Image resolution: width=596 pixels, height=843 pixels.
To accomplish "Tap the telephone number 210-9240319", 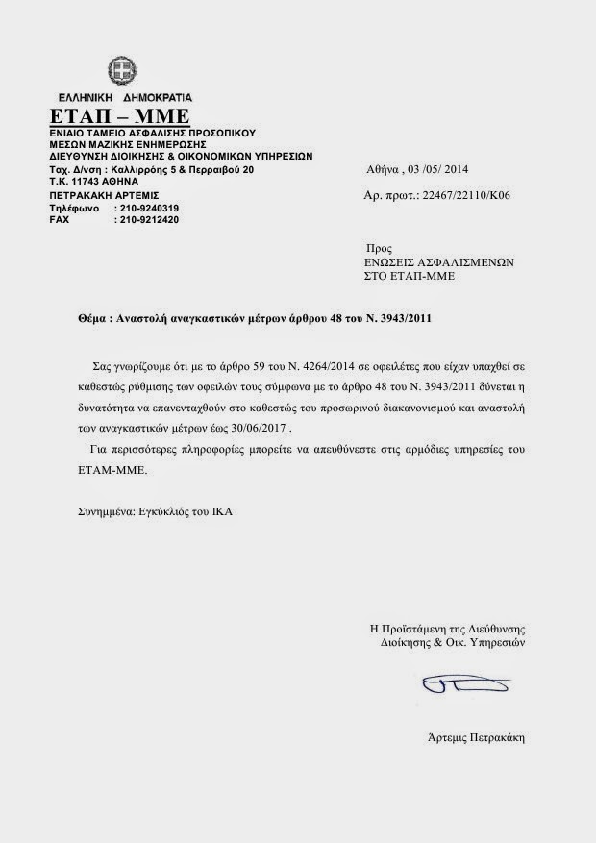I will point(146,209).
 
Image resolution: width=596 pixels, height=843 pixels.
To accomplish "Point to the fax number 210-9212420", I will point(146,220).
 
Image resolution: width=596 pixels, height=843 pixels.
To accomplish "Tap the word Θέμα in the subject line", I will point(92,318).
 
